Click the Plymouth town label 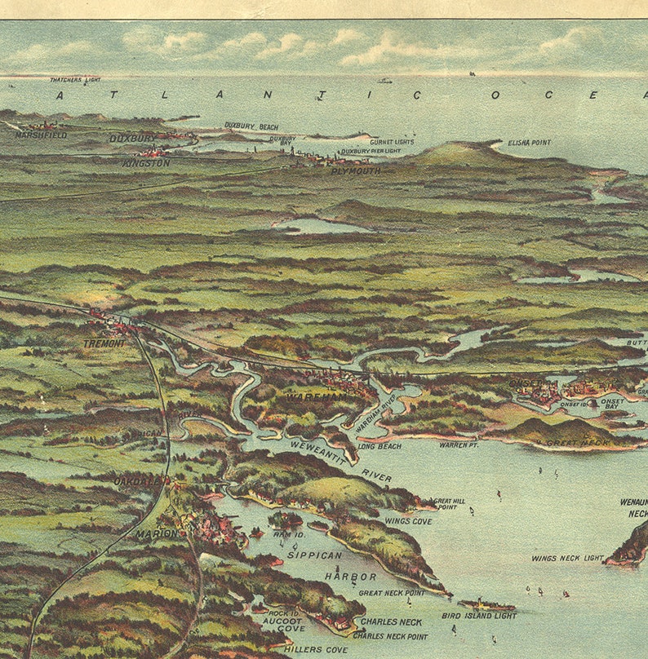[x=355, y=171]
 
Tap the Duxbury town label [x=133, y=139]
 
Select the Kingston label [x=146, y=163]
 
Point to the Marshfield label [x=41, y=135]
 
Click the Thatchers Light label [x=75, y=80]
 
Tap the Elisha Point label [x=529, y=143]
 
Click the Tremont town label [x=104, y=343]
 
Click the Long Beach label [x=379, y=446]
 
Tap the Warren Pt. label [x=458, y=445]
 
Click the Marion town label [x=157, y=534]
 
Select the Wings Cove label [x=408, y=521]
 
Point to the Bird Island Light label [x=478, y=616]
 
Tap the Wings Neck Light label [x=567, y=559]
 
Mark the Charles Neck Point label [x=390, y=636]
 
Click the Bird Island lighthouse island [x=486, y=605]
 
